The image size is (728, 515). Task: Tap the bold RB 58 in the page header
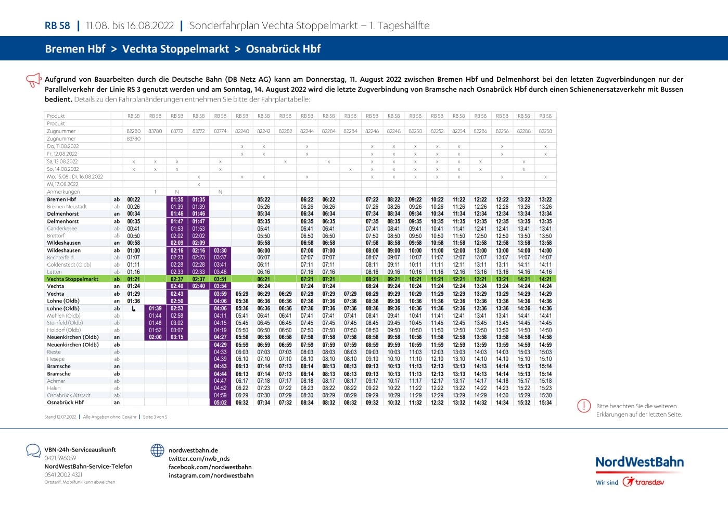coord(57,26)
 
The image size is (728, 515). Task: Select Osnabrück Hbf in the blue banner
coord(283,49)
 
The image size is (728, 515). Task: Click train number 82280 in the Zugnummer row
coord(134,131)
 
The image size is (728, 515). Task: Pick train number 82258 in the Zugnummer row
coord(545,131)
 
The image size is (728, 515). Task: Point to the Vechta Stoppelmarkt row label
coord(73,279)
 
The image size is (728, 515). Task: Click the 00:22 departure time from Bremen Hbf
coord(134,199)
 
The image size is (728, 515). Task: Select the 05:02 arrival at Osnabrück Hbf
coord(221,403)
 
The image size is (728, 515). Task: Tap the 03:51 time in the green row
coord(221,279)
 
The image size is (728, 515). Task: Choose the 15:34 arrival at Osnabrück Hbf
coord(545,403)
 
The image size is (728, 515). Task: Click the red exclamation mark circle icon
coord(584,406)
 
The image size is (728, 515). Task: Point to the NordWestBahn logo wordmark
coord(639,462)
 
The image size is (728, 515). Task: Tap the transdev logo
coord(644,482)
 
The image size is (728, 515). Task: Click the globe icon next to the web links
coord(157,450)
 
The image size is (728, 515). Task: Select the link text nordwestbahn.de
coord(193,450)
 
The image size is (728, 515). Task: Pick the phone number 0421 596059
coord(60,458)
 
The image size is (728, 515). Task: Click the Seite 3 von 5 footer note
coord(155,417)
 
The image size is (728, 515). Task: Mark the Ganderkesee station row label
coord(62,229)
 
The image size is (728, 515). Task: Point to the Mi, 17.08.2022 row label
coord(63,184)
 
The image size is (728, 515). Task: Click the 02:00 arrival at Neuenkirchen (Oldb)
coord(155,337)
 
